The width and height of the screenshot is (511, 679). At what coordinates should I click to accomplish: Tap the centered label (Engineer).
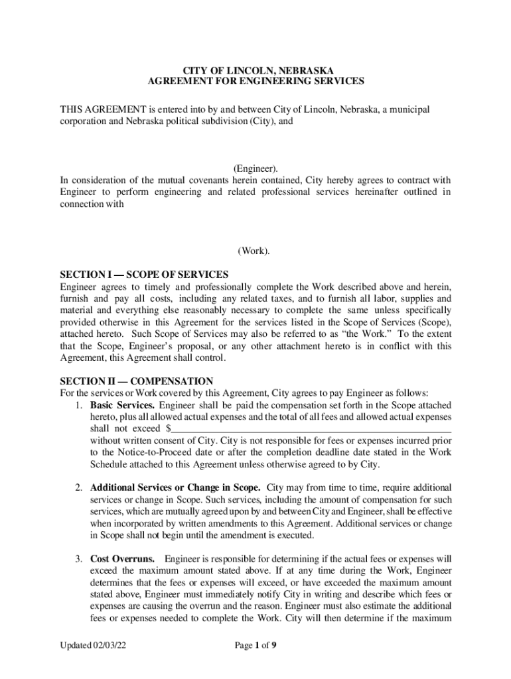[256, 169]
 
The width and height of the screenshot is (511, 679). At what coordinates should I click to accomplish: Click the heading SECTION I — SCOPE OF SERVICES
[144, 275]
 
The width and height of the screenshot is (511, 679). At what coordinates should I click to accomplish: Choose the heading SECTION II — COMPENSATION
[136, 381]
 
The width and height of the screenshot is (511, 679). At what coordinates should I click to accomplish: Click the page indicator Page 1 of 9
[256, 645]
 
